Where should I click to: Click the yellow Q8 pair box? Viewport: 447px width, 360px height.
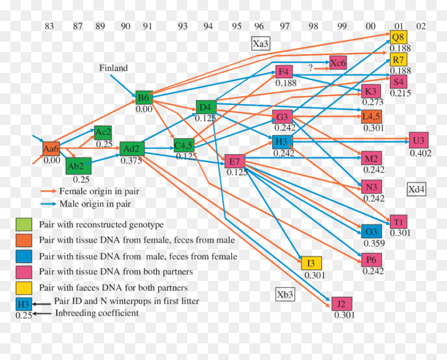(x=398, y=37)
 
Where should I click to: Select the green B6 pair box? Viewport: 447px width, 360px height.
(x=144, y=98)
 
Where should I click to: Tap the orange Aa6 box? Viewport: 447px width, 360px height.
(x=51, y=149)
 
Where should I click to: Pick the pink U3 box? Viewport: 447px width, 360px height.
(x=418, y=140)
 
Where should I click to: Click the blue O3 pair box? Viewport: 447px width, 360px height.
(x=371, y=232)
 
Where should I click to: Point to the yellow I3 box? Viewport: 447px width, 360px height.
(x=311, y=263)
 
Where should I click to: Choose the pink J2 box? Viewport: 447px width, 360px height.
(x=341, y=304)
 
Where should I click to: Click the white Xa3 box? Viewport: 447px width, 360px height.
(x=260, y=44)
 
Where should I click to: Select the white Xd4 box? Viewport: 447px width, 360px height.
(x=416, y=189)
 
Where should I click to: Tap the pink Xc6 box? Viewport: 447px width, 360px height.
(x=338, y=62)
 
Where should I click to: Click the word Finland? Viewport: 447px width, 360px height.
(x=113, y=68)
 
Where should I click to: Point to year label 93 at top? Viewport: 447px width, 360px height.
(x=183, y=26)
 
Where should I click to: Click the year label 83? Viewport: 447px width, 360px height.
(x=49, y=26)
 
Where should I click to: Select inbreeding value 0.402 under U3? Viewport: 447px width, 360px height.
(x=420, y=153)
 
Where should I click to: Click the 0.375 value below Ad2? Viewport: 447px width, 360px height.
(x=131, y=161)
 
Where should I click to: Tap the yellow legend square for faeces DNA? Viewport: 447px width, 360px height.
(x=24, y=288)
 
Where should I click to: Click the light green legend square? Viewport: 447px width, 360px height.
(x=24, y=225)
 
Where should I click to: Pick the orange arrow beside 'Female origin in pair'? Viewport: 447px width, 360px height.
(x=48, y=191)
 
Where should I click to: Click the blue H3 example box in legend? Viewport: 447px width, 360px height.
(x=24, y=304)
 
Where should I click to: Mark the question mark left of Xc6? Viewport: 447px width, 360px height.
(x=311, y=67)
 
